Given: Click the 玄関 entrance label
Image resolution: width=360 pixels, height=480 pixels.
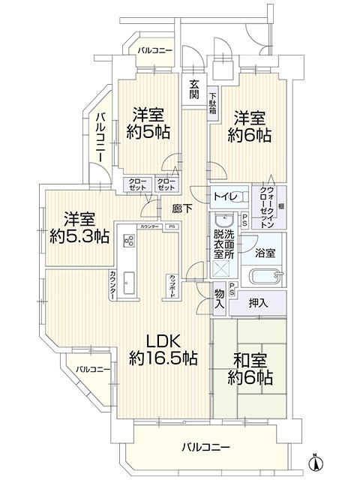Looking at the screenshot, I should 193,89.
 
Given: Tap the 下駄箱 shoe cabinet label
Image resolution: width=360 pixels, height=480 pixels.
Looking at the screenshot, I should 212,100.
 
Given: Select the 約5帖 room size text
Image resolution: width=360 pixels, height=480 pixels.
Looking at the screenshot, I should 148,133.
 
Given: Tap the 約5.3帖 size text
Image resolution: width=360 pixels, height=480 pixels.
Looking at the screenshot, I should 79,236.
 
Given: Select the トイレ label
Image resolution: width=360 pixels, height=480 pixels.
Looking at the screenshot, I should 224,197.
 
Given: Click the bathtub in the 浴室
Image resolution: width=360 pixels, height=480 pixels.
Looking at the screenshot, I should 265,275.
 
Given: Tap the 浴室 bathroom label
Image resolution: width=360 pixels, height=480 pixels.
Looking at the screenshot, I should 265,252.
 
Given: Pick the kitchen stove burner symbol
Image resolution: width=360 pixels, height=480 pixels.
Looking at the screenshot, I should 128,240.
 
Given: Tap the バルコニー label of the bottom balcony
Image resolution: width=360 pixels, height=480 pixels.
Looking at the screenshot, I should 205,448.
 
